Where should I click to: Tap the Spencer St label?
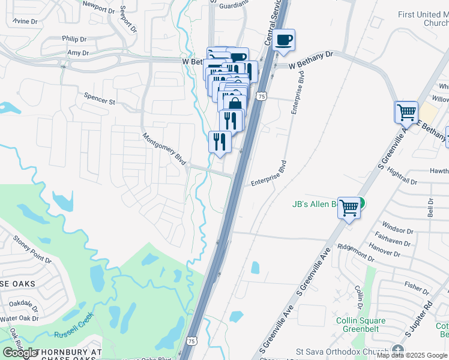point(99,99)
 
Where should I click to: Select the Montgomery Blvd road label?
point(164,148)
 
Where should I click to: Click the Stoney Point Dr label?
point(32,250)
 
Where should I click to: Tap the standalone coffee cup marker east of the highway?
point(283,41)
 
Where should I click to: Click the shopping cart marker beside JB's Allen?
point(349,208)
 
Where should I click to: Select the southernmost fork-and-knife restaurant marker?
point(219,142)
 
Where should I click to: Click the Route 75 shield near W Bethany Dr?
point(261,97)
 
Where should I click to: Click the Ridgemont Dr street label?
point(356,253)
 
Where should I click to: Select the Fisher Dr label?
point(417,287)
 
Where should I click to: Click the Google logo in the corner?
point(20,353)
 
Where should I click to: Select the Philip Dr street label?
point(74,39)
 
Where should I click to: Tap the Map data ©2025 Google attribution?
point(412,355)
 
